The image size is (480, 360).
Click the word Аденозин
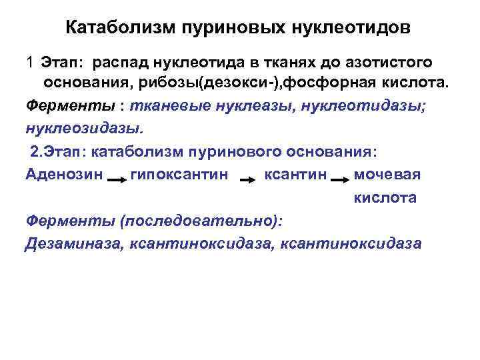[x=64, y=175]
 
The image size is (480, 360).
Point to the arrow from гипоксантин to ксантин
[x=247, y=178]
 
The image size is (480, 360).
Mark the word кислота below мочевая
[x=385, y=197]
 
